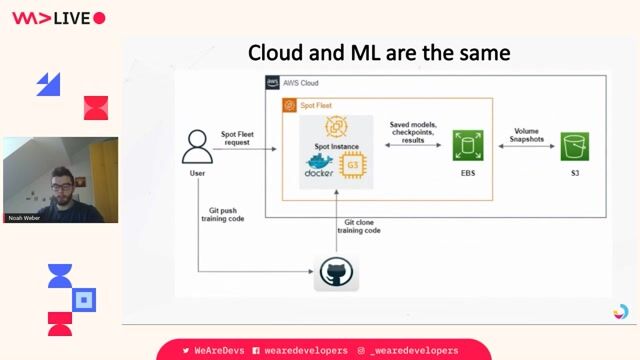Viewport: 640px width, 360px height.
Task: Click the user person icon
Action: [x=197, y=146]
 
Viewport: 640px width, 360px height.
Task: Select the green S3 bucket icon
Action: [x=573, y=146]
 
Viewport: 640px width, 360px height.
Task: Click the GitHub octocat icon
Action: [x=336, y=273]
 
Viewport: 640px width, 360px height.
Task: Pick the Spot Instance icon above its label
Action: [x=336, y=126]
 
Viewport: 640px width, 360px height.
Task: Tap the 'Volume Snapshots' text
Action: [x=526, y=135]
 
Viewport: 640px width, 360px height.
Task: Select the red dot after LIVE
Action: [x=98, y=18]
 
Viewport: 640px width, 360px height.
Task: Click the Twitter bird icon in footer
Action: [x=186, y=350]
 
